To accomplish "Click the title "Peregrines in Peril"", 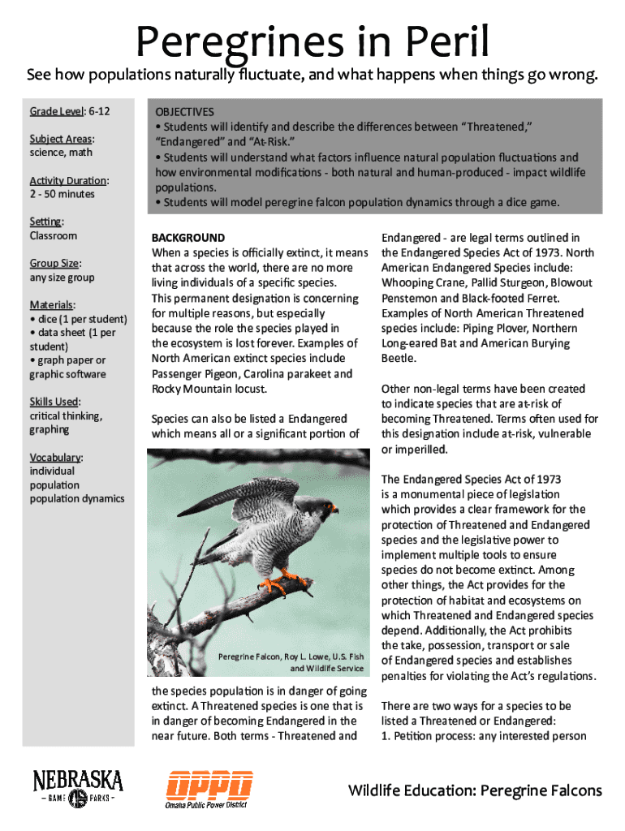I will click(312, 41).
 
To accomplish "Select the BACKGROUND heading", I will click(188, 238).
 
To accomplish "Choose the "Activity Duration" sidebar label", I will click(69, 180).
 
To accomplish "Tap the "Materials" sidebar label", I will click(52, 304).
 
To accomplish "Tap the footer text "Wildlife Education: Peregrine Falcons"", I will click(475, 790).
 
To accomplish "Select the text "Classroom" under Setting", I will click(54, 235).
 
